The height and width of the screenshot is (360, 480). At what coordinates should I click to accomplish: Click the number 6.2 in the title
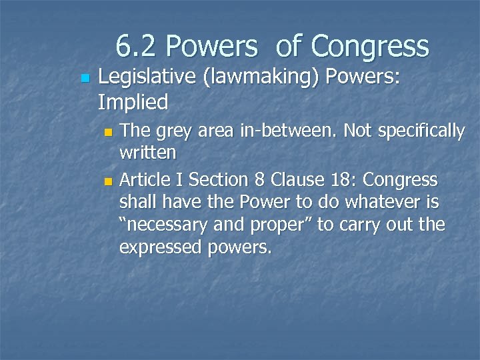click(136, 47)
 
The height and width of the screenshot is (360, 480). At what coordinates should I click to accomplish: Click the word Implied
click(133, 102)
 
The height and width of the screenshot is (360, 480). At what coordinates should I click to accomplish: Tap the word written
click(147, 153)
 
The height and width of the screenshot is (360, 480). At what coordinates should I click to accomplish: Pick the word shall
click(138, 202)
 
